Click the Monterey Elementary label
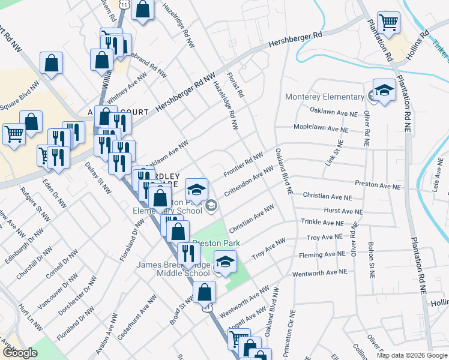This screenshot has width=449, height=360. point(316,97)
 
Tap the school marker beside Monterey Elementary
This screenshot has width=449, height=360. point(384,91)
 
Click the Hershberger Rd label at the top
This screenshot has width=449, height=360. point(295,38)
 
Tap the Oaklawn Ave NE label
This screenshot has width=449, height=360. point(334,112)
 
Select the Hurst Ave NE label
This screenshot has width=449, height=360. point(343,212)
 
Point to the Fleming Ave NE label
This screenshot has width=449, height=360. point(322,254)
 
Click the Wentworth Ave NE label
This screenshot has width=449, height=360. point(320,272)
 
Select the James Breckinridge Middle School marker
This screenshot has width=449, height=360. point(225,262)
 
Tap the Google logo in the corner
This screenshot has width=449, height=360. point(20,353)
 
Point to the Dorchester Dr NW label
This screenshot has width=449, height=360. point(77,297)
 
